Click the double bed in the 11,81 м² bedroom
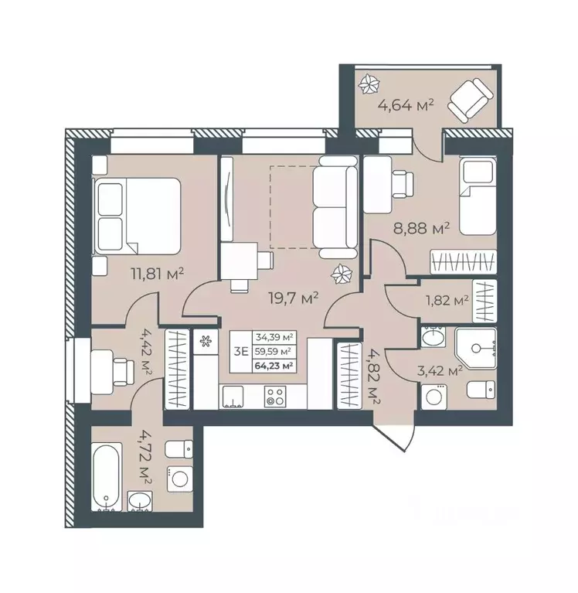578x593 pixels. click(x=137, y=215)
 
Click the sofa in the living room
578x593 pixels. click(x=333, y=205)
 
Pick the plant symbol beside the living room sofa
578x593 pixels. click(x=341, y=273)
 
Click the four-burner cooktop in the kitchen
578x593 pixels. click(x=275, y=397)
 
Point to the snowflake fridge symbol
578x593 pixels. click(x=206, y=341)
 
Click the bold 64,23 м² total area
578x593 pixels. click(x=279, y=366)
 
